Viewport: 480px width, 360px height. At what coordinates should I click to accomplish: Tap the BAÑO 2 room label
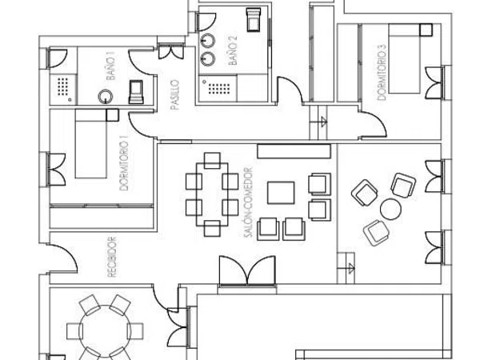pyautogui.click(x=233, y=50)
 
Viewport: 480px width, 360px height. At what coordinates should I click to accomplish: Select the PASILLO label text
pyautogui.click(x=174, y=94)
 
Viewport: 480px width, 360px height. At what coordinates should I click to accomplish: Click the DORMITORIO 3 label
pyautogui.click(x=382, y=72)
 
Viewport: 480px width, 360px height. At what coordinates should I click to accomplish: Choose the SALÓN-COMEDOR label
pyautogui.click(x=249, y=202)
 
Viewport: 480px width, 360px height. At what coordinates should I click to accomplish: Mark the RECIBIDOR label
pyautogui.click(x=112, y=257)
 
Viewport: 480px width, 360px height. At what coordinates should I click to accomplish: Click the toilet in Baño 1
pyautogui.click(x=136, y=92)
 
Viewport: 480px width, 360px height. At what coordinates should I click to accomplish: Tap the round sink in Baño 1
pyautogui.click(x=106, y=97)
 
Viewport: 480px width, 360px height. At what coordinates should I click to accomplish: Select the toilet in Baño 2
pyautogui.click(x=254, y=19)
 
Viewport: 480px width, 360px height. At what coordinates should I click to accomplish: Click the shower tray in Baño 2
pyautogui.click(x=218, y=89)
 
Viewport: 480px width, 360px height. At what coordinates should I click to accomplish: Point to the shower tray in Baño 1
pyautogui.click(x=63, y=89)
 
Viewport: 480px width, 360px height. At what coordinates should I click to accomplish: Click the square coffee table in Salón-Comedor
pyautogui.click(x=281, y=193)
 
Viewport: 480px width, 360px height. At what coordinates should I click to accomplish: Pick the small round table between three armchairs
pyautogui.click(x=390, y=209)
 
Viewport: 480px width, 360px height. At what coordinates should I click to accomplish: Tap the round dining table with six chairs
pyautogui.click(x=105, y=331)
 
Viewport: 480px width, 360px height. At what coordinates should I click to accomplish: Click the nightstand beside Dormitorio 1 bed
pyautogui.click(x=112, y=114)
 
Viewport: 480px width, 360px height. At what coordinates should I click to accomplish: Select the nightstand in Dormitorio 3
pyautogui.click(x=426, y=30)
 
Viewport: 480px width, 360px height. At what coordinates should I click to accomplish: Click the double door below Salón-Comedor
pyautogui.click(x=247, y=271)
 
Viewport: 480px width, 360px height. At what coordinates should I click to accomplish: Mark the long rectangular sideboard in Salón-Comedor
pyautogui.click(x=294, y=151)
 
